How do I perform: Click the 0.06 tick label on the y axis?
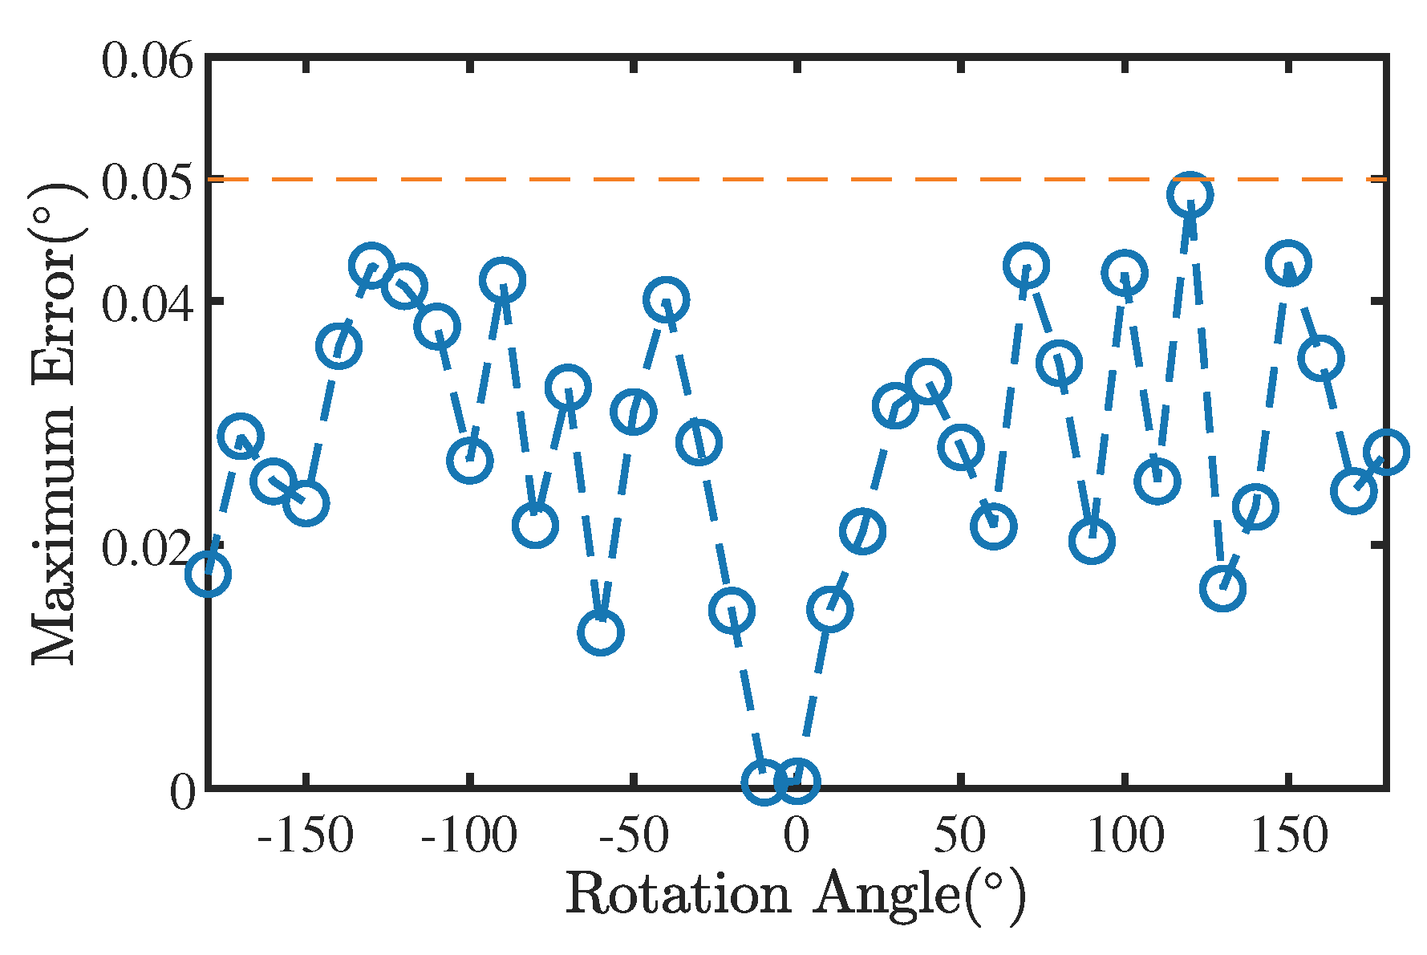coord(148,62)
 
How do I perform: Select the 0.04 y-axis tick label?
coord(148,304)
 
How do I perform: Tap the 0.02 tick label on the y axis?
coord(148,549)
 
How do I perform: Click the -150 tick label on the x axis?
coord(305,836)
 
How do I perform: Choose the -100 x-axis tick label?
coord(468,836)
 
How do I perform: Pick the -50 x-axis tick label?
coord(634,836)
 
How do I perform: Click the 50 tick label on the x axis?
coord(959,836)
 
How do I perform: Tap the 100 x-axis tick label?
coord(1124,836)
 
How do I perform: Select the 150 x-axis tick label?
coord(1288,836)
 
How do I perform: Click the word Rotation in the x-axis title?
coord(679,893)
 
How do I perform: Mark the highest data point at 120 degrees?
coord(1190,194)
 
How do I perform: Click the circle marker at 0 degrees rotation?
coord(797,781)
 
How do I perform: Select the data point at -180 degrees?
coord(209,574)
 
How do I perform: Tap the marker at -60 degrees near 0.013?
coord(601,632)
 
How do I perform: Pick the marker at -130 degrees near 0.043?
coord(371,265)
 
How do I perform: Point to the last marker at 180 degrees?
coord(1386,452)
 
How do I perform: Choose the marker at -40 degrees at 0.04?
coord(666,300)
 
